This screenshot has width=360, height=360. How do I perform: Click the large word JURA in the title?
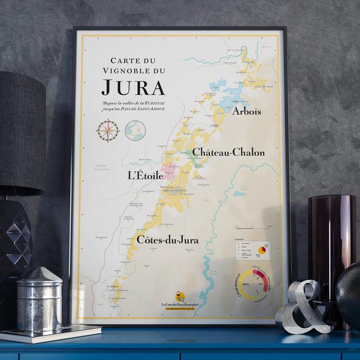(x=133, y=86)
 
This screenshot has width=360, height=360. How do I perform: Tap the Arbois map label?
(x=246, y=111)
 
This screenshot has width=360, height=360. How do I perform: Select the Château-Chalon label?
(x=228, y=152)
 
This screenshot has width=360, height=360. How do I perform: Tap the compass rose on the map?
(x=108, y=131)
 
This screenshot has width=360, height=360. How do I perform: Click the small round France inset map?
(x=135, y=130)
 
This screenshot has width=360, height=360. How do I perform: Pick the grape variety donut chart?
(x=253, y=285)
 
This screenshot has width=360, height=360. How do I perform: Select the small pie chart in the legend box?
(x=262, y=250)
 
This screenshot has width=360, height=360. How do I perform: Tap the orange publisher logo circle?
(x=179, y=297)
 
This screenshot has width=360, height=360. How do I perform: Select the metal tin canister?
(x=39, y=299)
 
